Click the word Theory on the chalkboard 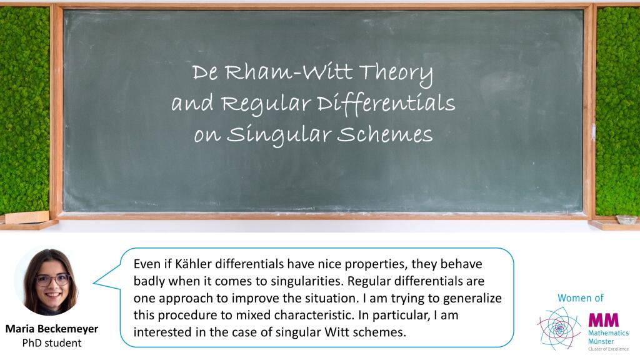(396, 74)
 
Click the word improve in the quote (255, 299)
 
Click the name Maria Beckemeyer (52, 329)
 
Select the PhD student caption (52, 343)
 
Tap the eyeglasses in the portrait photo (52, 280)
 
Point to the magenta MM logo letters (603, 320)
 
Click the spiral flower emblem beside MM (559, 328)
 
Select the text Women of (581, 298)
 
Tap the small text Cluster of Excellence (608, 349)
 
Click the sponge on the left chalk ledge (27, 217)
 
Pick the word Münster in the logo (601, 341)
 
